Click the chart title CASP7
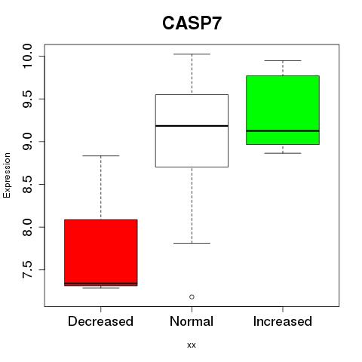click(x=192, y=23)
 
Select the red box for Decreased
click(x=101, y=253)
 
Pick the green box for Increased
click(x=283, y=110)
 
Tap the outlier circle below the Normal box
click(x=192, y=297)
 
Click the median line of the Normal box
click(x=192, y=126)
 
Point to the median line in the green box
click(x=283, y=130)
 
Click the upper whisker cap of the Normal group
click(x=192, y=54)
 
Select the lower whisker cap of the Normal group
click(x=192, y=243)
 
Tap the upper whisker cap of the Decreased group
click(x=101, y=156)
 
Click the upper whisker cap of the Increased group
click(x=283, y=60)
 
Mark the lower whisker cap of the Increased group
click(x=283, y=153)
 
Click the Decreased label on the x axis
click(x=100, y=321)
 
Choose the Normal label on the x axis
click(x=192, y=321)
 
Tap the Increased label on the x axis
click(x=283, y=321)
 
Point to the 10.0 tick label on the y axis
click(x=27, y=56)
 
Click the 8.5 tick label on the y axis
click(x=27, y=184)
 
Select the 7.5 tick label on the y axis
click(x=27, y=270)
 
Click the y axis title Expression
click(x=7, y=175)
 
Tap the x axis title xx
click(x=192, y=345)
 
